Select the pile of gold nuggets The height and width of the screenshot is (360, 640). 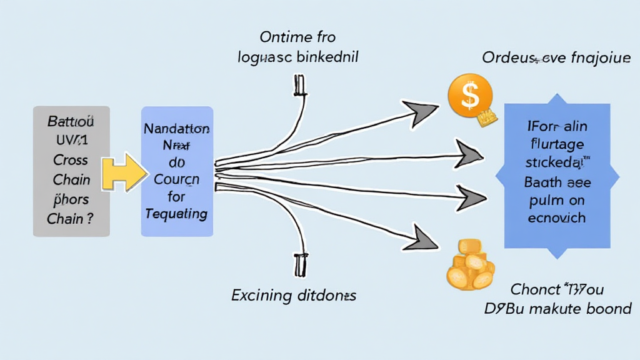[x=470, y=265]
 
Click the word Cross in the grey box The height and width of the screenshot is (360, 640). [x=71, y=159]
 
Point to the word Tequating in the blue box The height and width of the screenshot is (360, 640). [x=176, y=213]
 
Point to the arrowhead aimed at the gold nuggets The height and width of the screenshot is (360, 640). [x=424, y=237]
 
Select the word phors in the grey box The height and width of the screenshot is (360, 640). [x=71, y=200]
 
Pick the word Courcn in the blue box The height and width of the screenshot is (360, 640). [x=177, y=180]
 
